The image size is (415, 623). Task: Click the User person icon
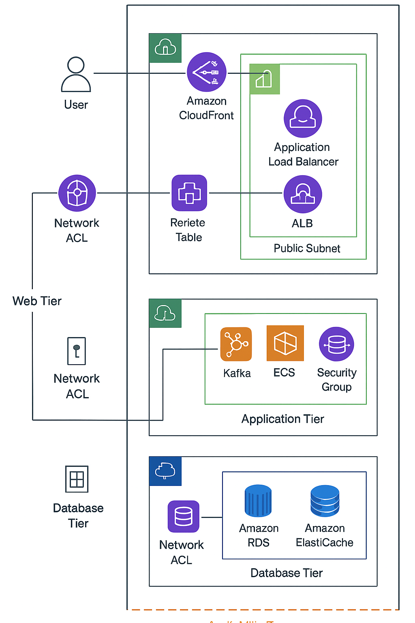pos(76,75)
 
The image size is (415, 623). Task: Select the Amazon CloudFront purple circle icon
pos(207,72)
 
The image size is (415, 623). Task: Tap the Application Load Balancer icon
pos(303,118)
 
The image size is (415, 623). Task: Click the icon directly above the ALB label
pos(303,194)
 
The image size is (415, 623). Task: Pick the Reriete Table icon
pos(189,193)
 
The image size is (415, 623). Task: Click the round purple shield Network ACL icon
pos(77,193)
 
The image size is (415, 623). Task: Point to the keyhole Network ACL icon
pos(77,351)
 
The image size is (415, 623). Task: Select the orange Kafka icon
pos(236,344)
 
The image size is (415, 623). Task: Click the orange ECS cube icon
pos(285,343)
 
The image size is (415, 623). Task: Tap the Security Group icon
pos(336,344)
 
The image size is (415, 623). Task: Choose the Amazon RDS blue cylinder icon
pos(258,501)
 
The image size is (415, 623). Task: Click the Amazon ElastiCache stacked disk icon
pos(325,501)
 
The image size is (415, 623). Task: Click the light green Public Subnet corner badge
pos(264,79)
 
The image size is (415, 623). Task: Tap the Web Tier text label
pos(37,301)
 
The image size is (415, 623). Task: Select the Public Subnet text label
pos(307,248)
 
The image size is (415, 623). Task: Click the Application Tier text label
pos(282,419)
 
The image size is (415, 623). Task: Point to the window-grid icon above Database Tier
pos(77,479)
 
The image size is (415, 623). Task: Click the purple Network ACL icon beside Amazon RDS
pos(184,516)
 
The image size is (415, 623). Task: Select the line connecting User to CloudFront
pos(138,73)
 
